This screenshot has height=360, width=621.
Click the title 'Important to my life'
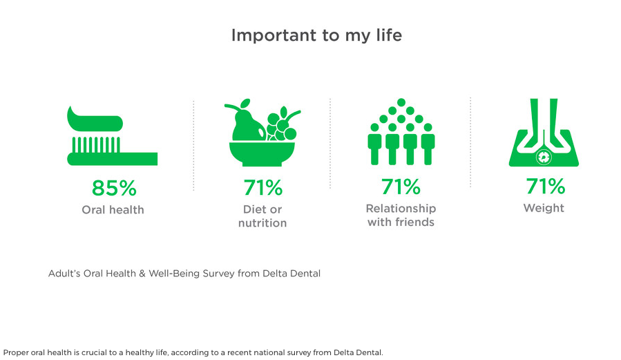(316, 35)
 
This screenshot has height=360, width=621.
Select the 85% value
(114, 188)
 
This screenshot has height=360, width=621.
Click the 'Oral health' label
(113, 209)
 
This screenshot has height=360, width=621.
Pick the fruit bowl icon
(262, 135)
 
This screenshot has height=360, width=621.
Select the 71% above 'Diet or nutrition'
(262, 187)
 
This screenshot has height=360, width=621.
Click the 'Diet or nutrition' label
(262, 216)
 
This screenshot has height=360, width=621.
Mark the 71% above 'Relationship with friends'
(401, 187)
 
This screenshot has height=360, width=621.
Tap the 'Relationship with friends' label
(401, 215)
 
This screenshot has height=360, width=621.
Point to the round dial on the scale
(544, 158)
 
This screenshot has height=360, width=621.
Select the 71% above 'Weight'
(545, 187)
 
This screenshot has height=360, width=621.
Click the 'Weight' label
(544, 208)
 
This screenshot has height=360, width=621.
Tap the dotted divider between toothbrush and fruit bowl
(193, 145)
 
